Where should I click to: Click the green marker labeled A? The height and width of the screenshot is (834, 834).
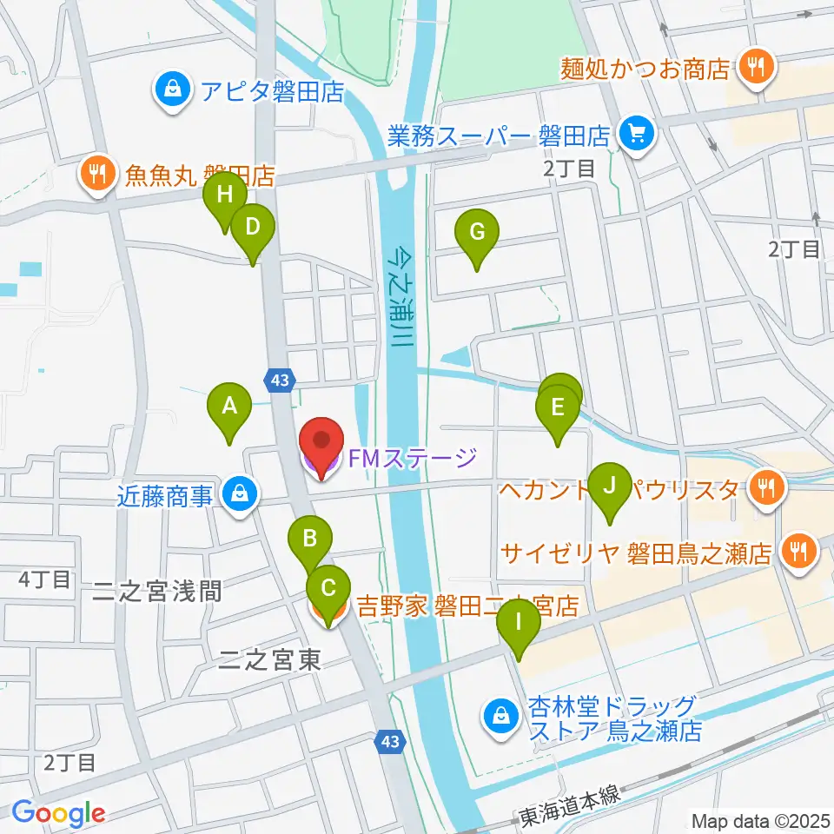coord(229,405)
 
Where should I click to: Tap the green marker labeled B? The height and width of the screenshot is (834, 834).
coord(310,539)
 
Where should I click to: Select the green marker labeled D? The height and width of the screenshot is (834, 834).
coord(252,228)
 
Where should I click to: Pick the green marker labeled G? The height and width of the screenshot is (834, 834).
coord(476,233)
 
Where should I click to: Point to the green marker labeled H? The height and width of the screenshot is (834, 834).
coord(224,195)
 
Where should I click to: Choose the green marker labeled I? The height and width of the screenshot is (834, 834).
coord(520,622)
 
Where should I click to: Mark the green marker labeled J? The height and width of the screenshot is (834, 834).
coord(609,485)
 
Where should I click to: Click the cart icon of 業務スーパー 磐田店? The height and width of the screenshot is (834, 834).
coord(637,134)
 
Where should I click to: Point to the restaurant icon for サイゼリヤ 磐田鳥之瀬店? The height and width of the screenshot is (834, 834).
coord(795,550)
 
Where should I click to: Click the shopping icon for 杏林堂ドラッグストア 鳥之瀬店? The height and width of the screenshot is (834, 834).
coord(501,716)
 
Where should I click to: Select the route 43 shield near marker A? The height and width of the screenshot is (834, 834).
coord(280,380)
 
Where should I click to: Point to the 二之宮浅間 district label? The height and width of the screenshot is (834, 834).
coord(157,592)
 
